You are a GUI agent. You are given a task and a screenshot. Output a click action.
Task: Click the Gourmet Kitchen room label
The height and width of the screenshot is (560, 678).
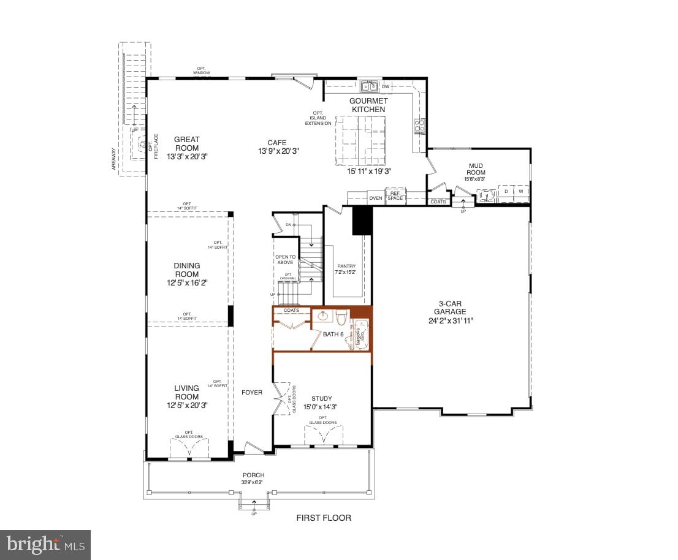tap(368, 105)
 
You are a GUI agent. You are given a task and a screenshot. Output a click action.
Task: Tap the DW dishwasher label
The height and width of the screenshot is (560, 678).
tap(386, 86)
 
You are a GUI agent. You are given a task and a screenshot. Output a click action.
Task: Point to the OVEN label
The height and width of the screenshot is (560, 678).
tap(375, 198)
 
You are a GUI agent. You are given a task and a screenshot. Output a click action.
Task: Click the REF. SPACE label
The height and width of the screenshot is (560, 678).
tap(395, 195)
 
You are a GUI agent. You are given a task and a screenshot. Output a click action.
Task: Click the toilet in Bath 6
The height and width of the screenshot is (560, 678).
tap(341, 317)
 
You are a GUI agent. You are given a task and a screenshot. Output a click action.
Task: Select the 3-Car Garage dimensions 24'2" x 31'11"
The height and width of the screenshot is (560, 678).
tap(452, 320)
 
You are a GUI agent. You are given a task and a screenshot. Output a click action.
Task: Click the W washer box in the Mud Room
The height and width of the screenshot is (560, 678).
tap(521, 192)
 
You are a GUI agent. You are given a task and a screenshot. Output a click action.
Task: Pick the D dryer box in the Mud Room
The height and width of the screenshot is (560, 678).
tap(506, 192)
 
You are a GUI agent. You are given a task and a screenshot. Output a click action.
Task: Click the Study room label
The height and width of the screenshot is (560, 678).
tap(321, 398)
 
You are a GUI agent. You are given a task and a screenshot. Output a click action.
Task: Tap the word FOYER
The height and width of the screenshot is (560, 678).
tap(252, 392)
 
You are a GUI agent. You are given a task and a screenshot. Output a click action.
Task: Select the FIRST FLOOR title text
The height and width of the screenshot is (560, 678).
tap(324, 518)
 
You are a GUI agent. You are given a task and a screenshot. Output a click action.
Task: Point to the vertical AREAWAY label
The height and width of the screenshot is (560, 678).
tap(113, 161)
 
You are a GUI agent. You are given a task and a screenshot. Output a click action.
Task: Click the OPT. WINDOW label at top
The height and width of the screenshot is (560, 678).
tap(201, 70)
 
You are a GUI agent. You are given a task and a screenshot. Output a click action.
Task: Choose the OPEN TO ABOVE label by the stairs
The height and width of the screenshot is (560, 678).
tap(285, 260)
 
